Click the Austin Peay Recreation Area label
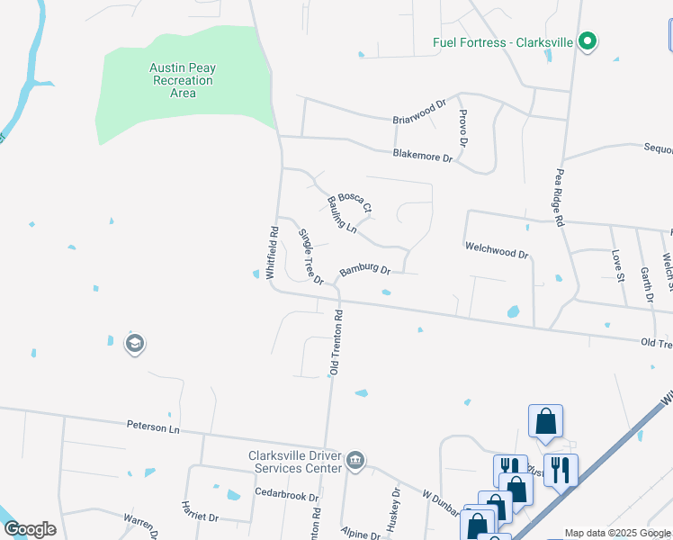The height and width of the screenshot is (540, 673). coord(183,80)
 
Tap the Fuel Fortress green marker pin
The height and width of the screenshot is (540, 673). coord(588,41)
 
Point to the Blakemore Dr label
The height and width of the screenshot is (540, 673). coord(423,156)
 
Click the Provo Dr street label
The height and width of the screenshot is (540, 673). coord(462,128)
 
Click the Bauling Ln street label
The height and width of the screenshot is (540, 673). coord(342,215)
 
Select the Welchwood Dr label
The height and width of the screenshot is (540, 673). coord(496,249)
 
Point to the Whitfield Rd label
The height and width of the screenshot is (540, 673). coord(272,253)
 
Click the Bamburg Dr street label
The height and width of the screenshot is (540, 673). coord(364,270)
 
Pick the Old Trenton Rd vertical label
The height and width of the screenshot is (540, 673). coord(337,343)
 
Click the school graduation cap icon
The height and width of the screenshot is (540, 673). coord(135,344)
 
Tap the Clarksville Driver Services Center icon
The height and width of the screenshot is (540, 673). coord(355,461)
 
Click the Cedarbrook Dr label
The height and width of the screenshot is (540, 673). coord(287,496)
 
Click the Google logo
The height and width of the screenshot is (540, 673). coord(29,529)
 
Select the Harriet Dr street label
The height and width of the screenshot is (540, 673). coord(200,512)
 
